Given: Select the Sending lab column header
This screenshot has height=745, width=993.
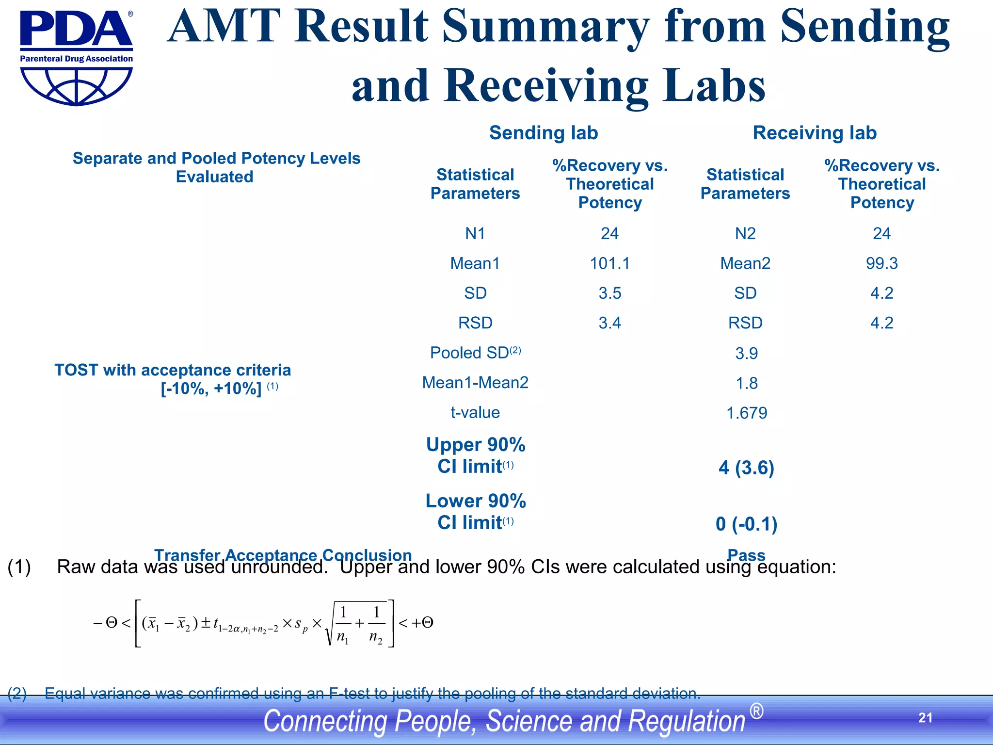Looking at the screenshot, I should click(543, 133).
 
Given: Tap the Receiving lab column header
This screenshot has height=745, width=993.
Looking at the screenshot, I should click(815, 133).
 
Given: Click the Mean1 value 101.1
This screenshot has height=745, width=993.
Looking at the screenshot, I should click(609, 263).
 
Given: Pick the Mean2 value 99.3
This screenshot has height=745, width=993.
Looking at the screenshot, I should click(881, 263).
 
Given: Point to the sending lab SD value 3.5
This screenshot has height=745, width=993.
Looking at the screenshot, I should click(609, 293).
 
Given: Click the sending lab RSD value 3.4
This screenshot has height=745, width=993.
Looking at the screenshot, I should click(609, 323).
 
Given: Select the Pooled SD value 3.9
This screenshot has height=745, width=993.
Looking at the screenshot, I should click(746, 353).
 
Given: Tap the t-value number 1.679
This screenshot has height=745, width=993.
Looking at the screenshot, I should click(746, 413).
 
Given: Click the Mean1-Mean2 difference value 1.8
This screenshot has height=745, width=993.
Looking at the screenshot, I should click(746, 383).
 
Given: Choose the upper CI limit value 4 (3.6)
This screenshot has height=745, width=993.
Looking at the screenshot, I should click(746, 468).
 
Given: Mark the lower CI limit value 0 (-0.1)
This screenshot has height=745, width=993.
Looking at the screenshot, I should click(746, 524).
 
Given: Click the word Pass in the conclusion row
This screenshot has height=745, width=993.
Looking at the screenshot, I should click(746, 555).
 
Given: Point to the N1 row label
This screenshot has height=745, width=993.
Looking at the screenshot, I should click(475, 234).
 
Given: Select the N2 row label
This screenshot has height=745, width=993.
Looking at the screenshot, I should click(745, 234).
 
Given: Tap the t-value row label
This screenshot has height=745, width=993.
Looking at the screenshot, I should click(475, 412).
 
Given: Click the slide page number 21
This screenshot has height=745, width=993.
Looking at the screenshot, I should click(925, 718).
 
